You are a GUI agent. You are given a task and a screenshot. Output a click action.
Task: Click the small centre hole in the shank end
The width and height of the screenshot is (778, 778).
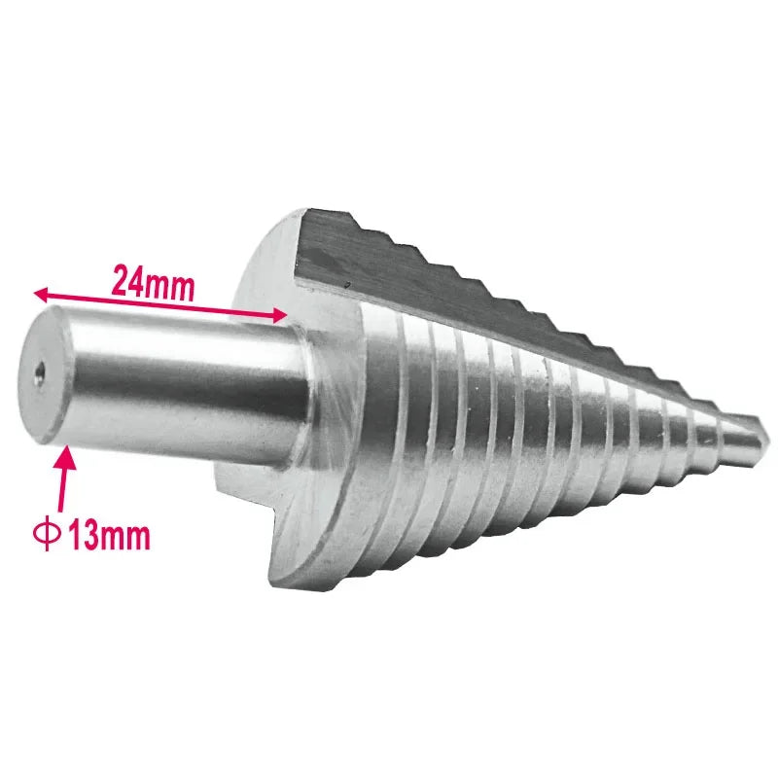tap(41, 370)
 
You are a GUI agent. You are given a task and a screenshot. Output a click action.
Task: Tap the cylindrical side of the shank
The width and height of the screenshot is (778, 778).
tap(185, 389)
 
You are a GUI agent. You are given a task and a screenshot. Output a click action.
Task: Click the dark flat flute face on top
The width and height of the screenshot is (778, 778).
tap(438, 282)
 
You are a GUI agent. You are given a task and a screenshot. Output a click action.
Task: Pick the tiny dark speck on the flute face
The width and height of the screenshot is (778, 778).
tap(347, 284)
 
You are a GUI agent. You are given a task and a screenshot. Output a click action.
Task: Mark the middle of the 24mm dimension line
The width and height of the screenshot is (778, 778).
tap(160, 302)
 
